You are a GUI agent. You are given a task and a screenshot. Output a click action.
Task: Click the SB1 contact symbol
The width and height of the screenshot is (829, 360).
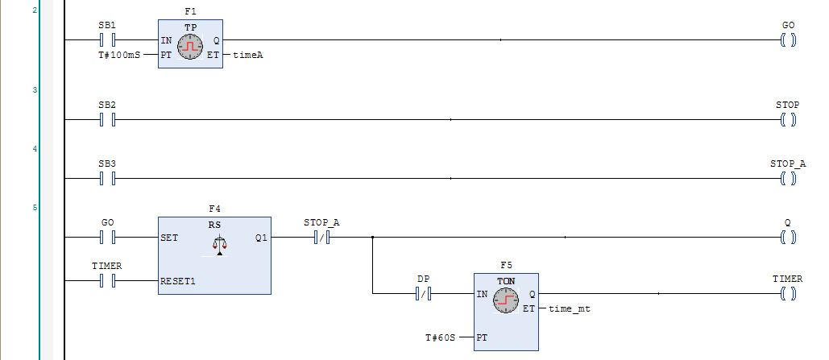[107, 39]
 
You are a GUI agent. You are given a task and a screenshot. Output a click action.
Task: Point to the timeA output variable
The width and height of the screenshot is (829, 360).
[248, 55]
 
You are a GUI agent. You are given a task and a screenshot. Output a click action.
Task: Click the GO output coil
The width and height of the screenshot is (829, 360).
[788, 39]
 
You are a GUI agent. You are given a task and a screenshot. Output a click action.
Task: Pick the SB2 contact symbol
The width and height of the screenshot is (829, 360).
[107, 120]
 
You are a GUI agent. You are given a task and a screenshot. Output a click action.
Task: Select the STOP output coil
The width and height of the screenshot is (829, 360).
[788, 120]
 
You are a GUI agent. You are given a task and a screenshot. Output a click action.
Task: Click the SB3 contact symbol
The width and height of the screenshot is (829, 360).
[107, 178]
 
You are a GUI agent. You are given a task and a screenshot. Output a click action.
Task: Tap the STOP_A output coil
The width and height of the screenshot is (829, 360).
[788, 178]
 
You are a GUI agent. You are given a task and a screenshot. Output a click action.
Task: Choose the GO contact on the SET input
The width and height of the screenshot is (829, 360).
[107, 238]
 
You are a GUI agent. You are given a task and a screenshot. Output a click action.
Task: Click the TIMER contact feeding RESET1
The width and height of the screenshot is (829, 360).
[107, 280]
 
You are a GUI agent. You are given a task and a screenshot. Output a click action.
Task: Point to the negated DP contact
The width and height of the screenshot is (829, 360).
[423, 295]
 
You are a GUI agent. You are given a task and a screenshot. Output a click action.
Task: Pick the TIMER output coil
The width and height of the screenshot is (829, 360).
[788, 295]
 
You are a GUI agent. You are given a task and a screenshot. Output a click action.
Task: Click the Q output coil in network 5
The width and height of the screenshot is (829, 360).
[788, 238]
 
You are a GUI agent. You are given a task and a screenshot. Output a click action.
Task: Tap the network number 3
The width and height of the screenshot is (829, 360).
[35, 90]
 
